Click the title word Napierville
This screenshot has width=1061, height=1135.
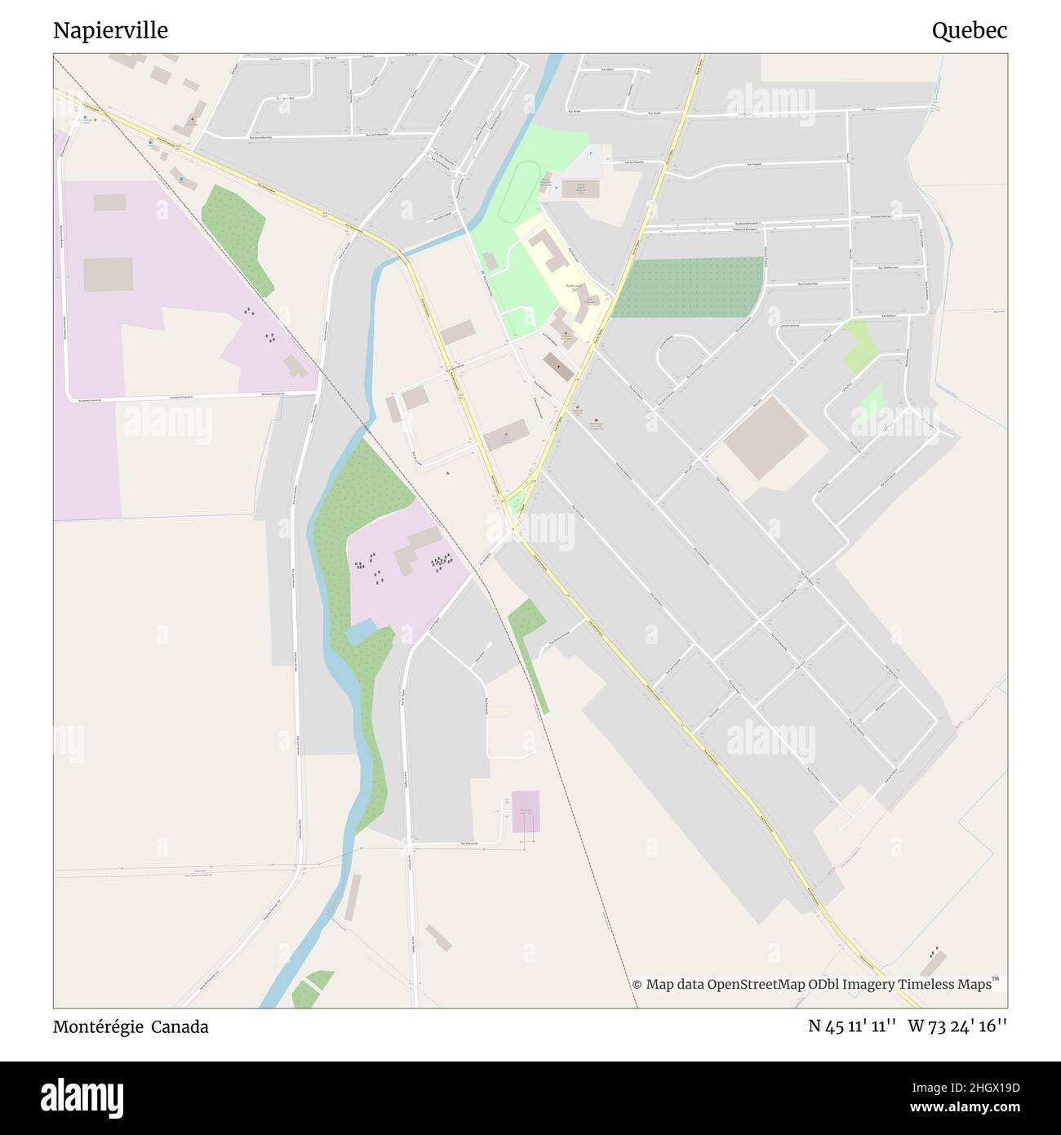click(110, 30)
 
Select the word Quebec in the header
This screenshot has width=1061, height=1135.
click(969, 30)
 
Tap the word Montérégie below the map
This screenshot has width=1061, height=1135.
click(97, 1026)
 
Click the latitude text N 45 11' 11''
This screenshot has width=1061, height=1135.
click(850, 1026)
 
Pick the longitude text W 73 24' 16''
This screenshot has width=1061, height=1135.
click(957, 1026)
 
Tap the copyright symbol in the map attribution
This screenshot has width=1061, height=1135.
click(637, 985)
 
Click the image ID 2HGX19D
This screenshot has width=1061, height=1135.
click(989, 1087)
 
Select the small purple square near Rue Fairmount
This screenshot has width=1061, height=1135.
click(526, 811)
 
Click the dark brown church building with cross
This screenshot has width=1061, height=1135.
click(559, 365)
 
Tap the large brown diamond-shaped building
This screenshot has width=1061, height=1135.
click(765, 438)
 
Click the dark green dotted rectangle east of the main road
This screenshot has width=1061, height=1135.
click(689, 287)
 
